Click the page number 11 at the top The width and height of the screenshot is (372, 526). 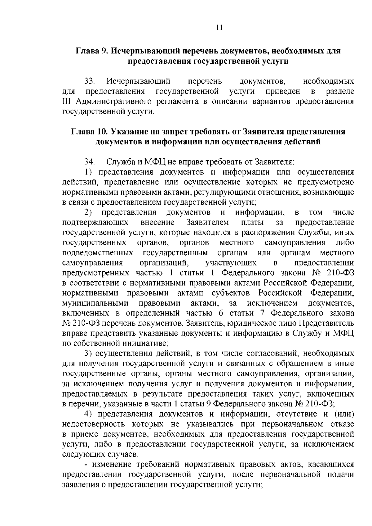(x=219, y=27)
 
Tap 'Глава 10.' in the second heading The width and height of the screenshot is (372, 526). (x=88, y=132)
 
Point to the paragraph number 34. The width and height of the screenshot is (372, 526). (x=90, y=162)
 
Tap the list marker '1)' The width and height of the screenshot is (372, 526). (x=88, y=172)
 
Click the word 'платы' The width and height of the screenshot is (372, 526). (x=252, y=223)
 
